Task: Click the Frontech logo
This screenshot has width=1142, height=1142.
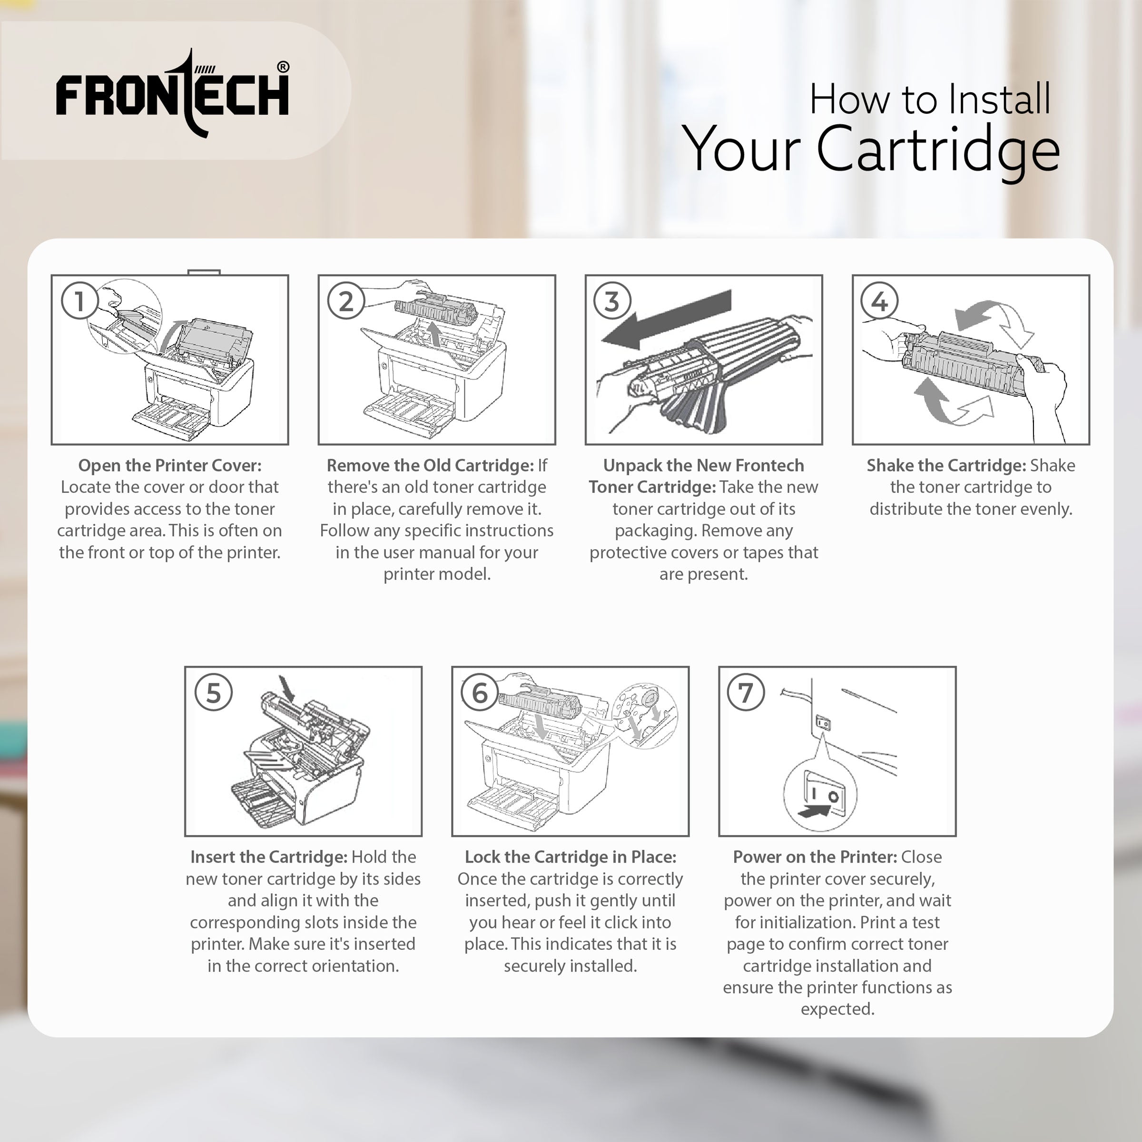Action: point(172,93)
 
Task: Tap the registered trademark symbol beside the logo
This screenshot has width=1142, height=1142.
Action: point(283,67)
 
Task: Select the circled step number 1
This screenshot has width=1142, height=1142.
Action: point(79,301)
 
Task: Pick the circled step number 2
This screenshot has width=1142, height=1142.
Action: point(346,301)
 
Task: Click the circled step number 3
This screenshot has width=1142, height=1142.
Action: point(612,301)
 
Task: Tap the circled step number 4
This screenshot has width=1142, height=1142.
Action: point(879,301)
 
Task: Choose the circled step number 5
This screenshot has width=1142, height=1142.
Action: point(213,693)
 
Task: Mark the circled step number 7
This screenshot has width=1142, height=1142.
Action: point(746,693)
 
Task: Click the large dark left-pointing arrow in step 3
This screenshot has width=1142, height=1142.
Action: point(666,320)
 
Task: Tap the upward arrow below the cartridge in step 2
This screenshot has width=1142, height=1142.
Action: point(434,334)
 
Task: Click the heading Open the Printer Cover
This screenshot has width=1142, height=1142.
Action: point(170,465)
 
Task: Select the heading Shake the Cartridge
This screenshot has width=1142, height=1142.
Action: point(946,465)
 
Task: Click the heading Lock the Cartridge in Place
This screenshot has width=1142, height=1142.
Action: point(571,857)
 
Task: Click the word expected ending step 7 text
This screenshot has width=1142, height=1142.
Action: point(837,1009)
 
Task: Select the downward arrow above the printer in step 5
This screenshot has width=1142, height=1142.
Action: point(288,689)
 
